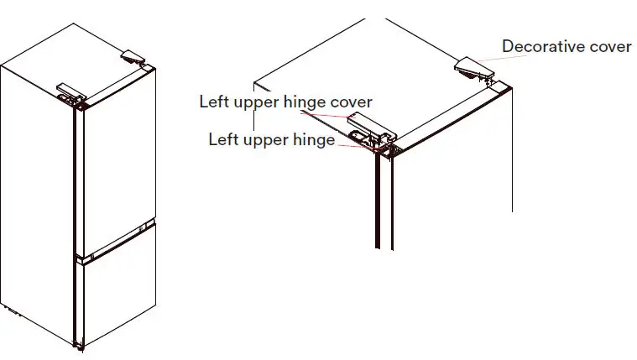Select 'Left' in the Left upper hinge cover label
click(213, 102)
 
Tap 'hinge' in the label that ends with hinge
click(312, 139)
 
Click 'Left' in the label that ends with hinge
click(222, 139)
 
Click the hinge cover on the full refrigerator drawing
click(70, 88)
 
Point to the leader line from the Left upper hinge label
click(352, 143)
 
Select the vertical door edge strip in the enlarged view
click(383, 201)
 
